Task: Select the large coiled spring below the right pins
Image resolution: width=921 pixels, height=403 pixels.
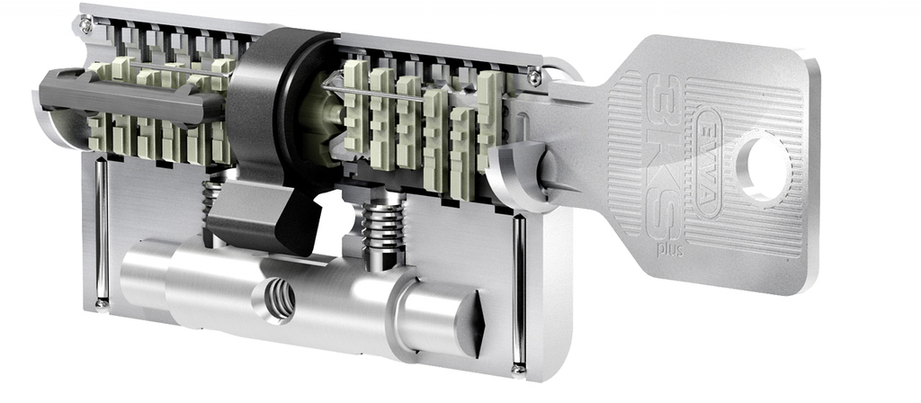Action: point(383,226)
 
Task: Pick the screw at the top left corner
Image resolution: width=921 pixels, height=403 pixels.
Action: point(86,24)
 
